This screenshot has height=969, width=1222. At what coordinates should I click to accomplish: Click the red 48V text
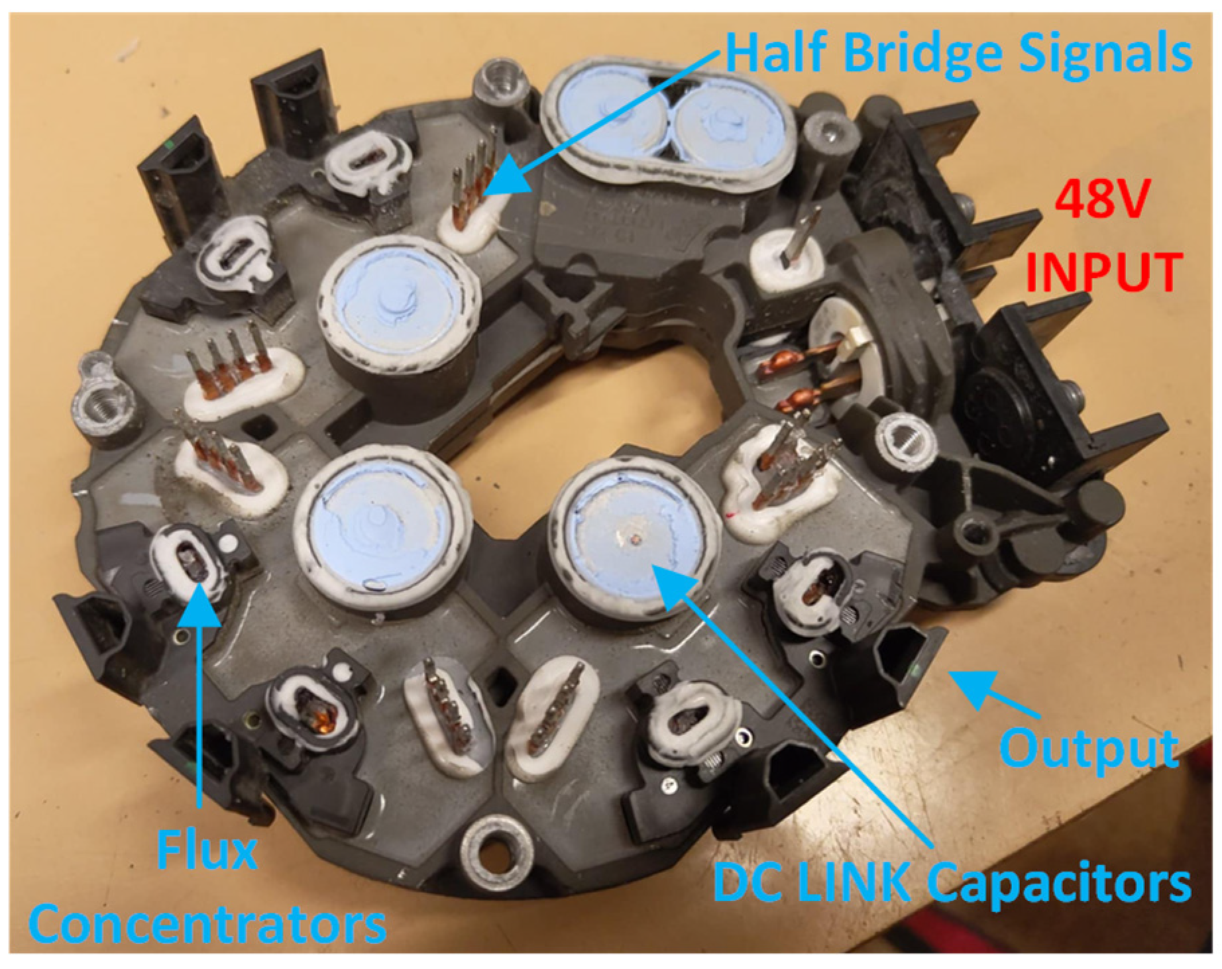coord(1101,199)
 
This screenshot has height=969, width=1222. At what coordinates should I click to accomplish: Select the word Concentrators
coord(208,925)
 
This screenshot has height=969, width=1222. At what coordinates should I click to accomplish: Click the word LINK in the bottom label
coord(846,884)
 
